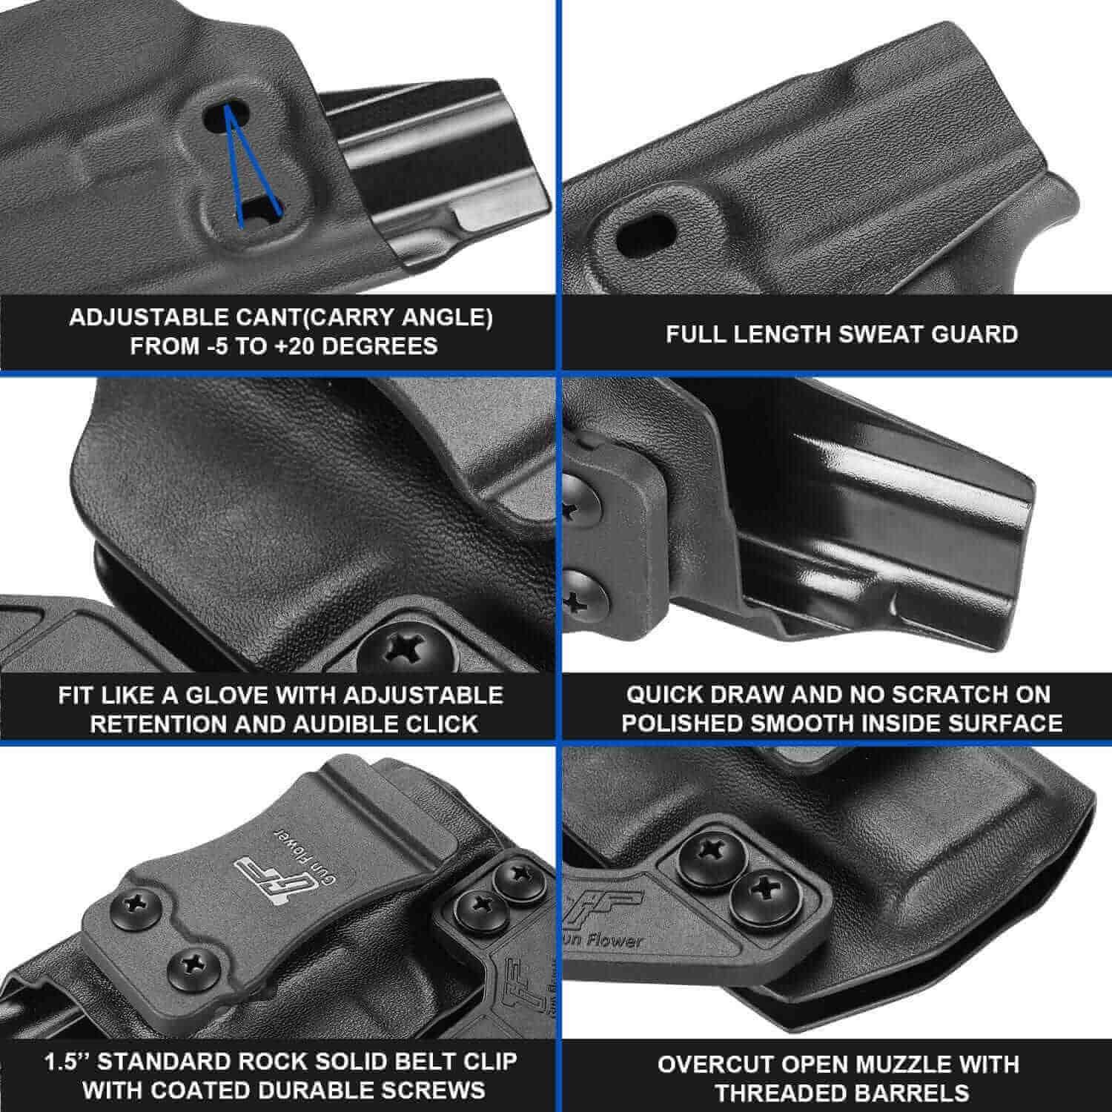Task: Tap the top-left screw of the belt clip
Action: pos(136,904)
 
